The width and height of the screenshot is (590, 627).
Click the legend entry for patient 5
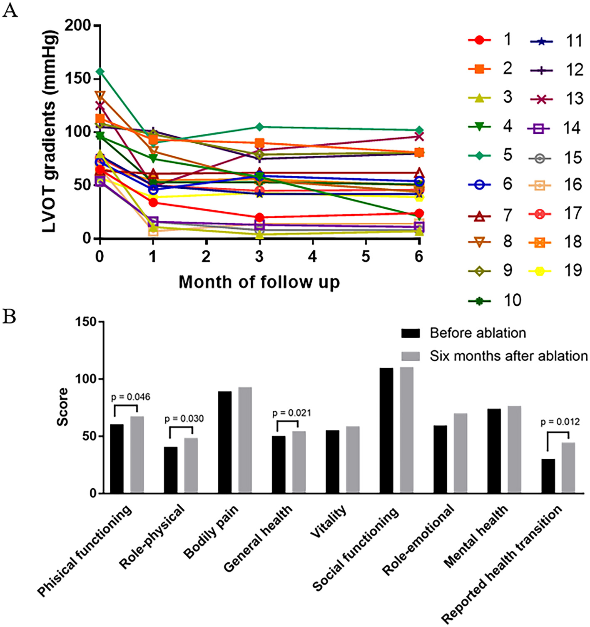[x=489, y=155]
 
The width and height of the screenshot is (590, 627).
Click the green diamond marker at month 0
[x=100, y=72]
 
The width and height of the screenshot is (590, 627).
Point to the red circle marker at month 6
[x=419, y=213]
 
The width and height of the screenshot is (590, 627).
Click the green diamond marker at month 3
[x=259, y=127]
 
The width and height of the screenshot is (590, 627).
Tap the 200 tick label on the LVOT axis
[x=78, y=25]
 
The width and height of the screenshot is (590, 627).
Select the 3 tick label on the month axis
[x=259, y=256]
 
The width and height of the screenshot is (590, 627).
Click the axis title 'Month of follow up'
[x=259, y=282]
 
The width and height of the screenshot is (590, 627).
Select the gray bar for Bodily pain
[x=245, y=440]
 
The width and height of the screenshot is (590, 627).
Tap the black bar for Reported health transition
[x=548, y=476]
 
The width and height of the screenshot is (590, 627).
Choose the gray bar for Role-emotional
[x=461, y=453]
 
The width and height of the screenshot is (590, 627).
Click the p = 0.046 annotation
[x=130, y=397]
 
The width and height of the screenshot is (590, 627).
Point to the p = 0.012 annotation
[x=560, y=422]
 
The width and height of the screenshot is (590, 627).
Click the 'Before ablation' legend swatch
[x=411, y=333]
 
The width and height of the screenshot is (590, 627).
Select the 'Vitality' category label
[x=329, y=522]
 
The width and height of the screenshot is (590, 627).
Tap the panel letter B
[x=9, y=317]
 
